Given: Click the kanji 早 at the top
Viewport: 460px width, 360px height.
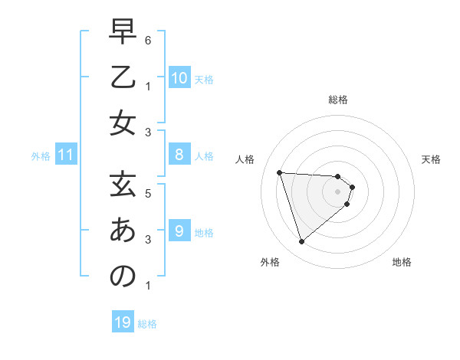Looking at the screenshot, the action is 123,33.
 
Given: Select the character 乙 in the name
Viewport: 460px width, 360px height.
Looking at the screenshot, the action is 123,77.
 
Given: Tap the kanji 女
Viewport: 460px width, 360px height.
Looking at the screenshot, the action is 123,123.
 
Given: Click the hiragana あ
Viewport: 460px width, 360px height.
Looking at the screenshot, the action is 123,230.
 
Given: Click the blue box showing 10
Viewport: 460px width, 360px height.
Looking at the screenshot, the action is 179,78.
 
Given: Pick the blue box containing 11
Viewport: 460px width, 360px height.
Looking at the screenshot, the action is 66,155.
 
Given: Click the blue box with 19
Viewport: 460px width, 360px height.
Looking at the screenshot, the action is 123,322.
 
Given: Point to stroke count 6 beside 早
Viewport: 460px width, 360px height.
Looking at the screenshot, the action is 147,39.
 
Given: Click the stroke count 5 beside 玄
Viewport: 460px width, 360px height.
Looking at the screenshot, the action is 147,193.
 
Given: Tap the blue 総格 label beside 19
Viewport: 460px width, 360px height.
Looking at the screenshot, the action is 147,324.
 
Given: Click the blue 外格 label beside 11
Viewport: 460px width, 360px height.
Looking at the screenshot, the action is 41,156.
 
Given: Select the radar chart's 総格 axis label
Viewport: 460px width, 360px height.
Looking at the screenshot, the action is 338,100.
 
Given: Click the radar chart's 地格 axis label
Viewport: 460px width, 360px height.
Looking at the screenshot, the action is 402,262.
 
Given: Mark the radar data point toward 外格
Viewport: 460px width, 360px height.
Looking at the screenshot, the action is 301,242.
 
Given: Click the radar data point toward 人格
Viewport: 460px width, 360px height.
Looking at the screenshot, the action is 279,172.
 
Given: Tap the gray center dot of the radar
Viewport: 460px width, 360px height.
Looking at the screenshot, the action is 338,191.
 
